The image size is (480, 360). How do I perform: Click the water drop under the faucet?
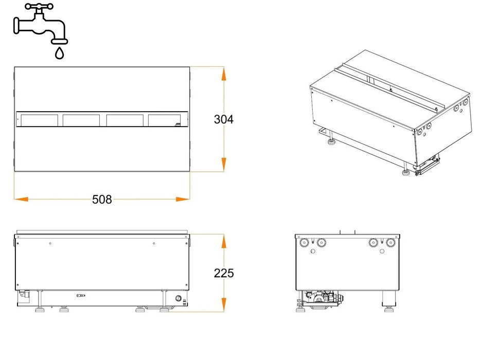(59, 53)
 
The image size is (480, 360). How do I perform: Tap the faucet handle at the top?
(39, 6)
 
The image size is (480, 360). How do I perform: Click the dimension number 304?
(224, 119)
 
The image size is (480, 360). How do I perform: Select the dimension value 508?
(102, 200)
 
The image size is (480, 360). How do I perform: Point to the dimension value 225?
(224, 273)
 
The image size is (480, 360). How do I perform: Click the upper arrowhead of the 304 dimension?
(224, 74)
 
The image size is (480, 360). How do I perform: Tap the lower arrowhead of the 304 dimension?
(224, 165)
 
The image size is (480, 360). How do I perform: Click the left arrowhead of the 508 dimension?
(22, 200)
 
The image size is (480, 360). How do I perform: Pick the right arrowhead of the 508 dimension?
(183, 200)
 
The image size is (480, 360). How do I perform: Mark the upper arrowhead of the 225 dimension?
(224, 241)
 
